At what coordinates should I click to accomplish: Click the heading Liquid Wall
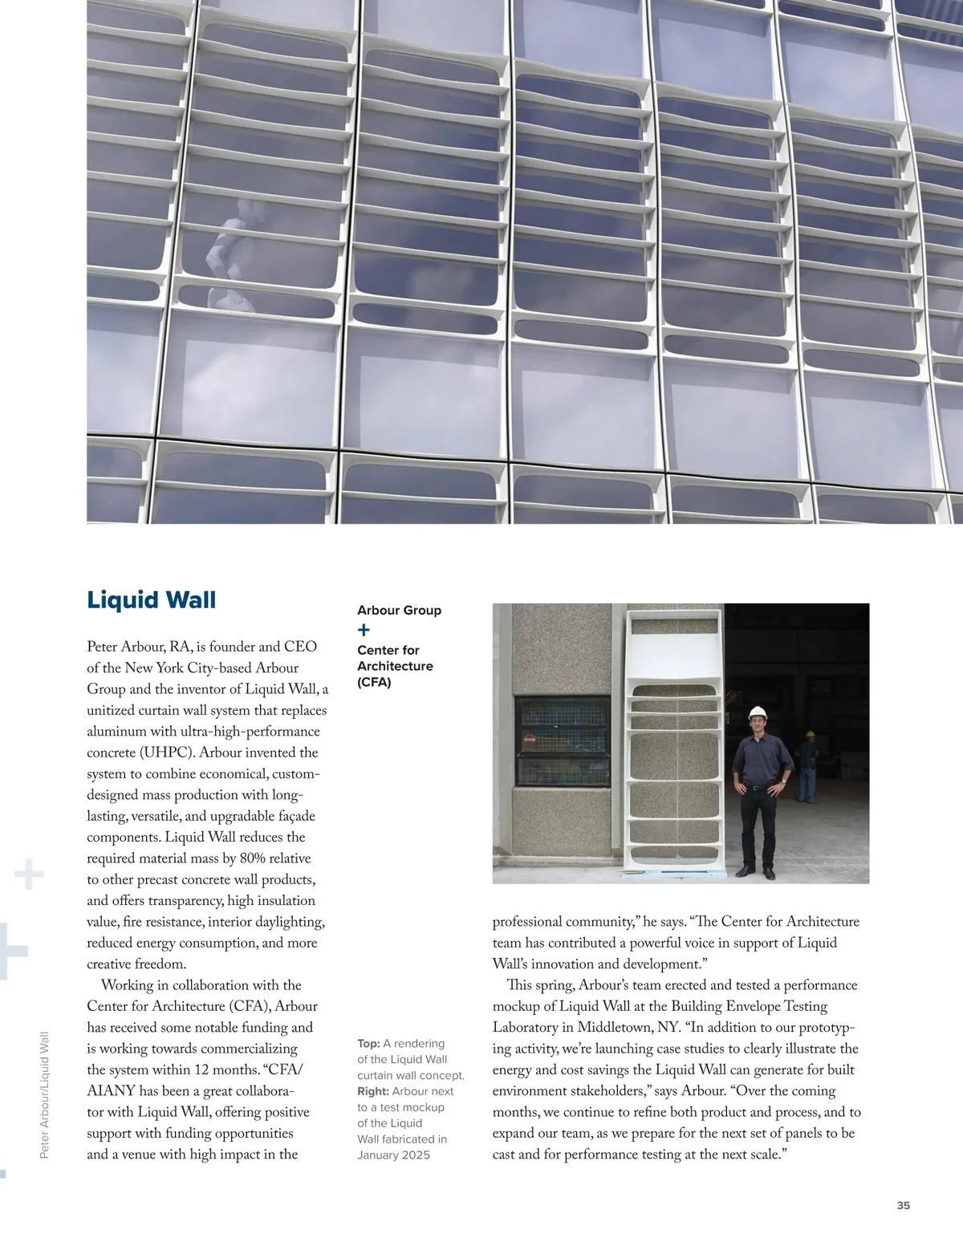pyautogui.click(x=151, y=600)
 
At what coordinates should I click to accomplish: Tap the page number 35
pyautogui.click(x=903, y=1205)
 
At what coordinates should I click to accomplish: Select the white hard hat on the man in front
pyautogui.click(x=758, y=712)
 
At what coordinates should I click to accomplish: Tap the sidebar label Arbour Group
pyautogui.click(x=399, y=611)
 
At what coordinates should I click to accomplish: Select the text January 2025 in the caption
pyautogui.click(x=393, y=1155)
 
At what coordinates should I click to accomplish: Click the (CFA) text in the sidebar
pyautogui.click(x=374, y=683)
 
